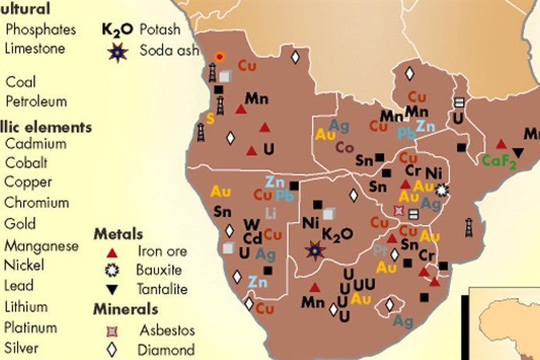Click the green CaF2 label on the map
point(499,161)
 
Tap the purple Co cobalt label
point(344,147)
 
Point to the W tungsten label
point(252,224)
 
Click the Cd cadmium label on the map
point(252,238)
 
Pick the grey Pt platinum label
point(379,251)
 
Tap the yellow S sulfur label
point(209,119)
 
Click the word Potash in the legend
point(160,30)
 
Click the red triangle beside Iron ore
point(112,252)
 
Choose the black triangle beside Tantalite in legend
point(112,289)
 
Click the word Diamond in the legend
point(166,350)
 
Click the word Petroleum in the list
point(36,101)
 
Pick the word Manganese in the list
point(41,246)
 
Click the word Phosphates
point(40,29)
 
